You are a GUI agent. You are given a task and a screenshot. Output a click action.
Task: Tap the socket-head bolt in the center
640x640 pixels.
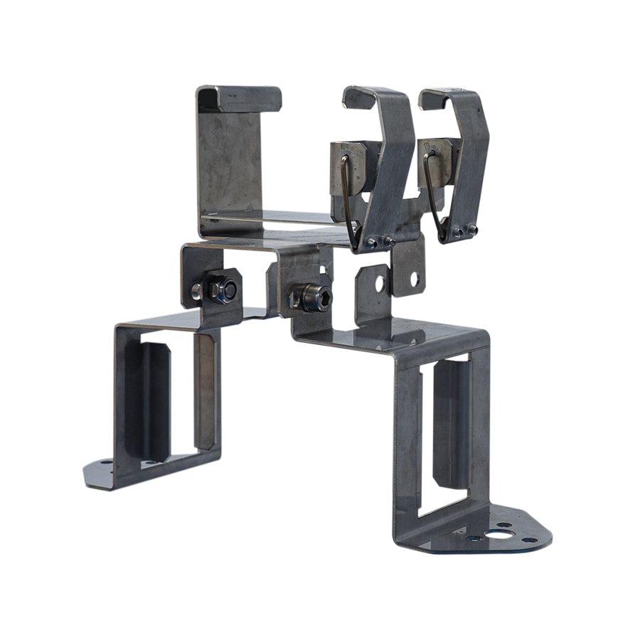pos(314,297)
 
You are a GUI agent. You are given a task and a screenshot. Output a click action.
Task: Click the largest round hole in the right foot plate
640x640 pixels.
pos(504,530)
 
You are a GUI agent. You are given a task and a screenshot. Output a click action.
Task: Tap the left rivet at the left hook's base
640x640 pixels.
pos(371,244)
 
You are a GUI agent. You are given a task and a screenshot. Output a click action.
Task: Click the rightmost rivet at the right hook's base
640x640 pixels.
pos(471,229)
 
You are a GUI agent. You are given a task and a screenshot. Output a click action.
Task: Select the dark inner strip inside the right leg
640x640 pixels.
pos(450,423)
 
